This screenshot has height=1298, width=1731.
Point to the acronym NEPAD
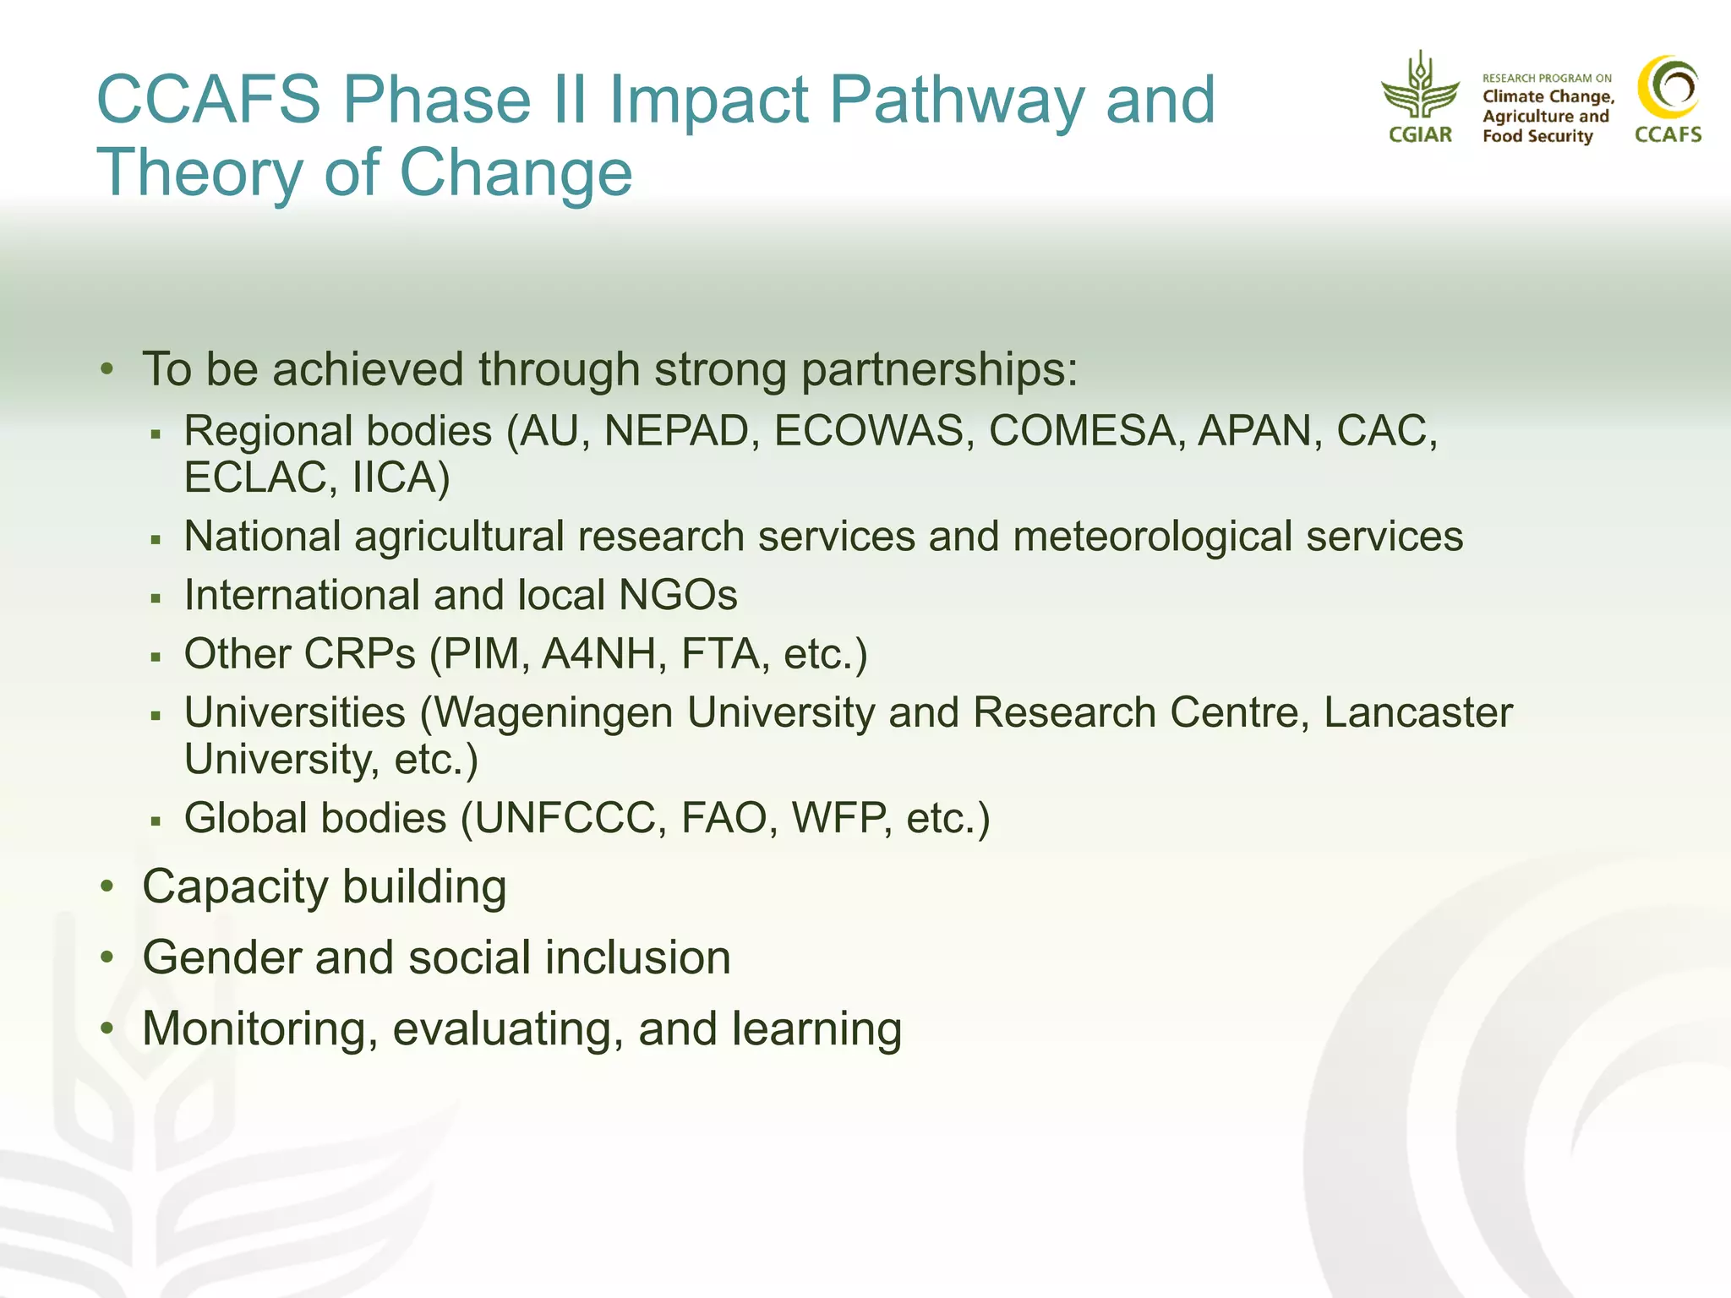click(x=677, y=431)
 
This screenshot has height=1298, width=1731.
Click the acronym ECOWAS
click(x=869, y=431)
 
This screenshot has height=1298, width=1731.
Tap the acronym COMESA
click(x=1081, y=431)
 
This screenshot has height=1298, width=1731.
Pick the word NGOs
click(x=678, y=595)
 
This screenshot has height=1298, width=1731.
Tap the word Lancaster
click(x=1417, y=712)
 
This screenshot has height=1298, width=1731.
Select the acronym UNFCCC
click(x=565, y=818)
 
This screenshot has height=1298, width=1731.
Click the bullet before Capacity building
click(x=106, y=886)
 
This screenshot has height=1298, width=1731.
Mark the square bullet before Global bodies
click(x=156, y=820)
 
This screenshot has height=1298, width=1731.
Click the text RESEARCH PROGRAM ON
click(x=1547, y=79)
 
